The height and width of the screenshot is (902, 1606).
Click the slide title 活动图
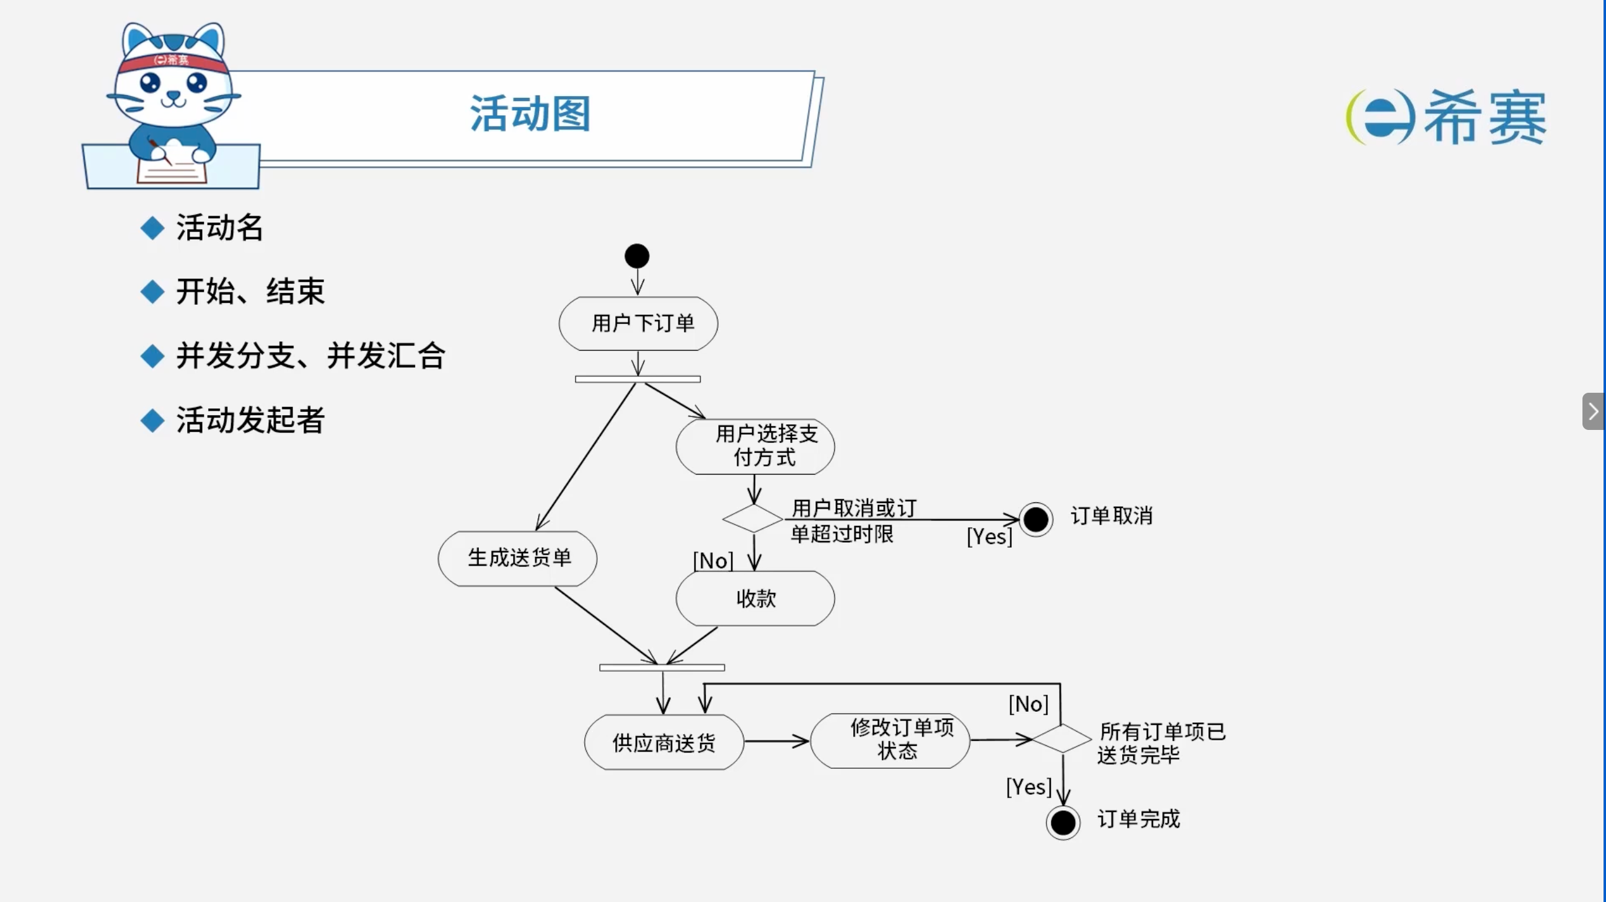[x=530, y=114]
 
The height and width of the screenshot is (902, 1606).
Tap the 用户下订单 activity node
[x=638, y=323]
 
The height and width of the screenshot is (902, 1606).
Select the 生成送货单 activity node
[x=517, y=559]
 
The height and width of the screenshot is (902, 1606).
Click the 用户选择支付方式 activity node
[x=755, y=446]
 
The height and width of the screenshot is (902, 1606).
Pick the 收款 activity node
[x=755, y=598]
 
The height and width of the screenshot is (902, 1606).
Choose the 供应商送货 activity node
[x=664, y=742]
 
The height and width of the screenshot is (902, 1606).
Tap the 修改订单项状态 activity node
[x=890, y=740]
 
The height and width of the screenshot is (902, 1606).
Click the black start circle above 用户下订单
[x=637, y=256]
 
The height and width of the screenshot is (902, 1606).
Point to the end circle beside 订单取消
[x=1036, y=519]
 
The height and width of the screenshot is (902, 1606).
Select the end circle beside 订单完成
[x=1063, y=823]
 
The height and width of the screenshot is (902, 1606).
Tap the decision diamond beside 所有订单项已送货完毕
[x=1062, y=738]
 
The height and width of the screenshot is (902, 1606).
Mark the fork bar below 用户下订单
[x=638, y=379]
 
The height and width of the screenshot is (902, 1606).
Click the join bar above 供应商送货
[x=662, y=668]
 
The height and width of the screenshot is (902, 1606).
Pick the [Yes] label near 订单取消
[x=989, y=536]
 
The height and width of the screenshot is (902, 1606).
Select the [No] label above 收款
[x=713, y=561]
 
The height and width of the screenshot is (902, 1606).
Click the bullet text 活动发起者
[x=250, y=420]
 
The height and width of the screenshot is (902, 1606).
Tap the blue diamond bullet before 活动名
[x=153, y=228]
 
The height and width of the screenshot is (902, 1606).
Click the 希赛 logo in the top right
[x=1446, y=116]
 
